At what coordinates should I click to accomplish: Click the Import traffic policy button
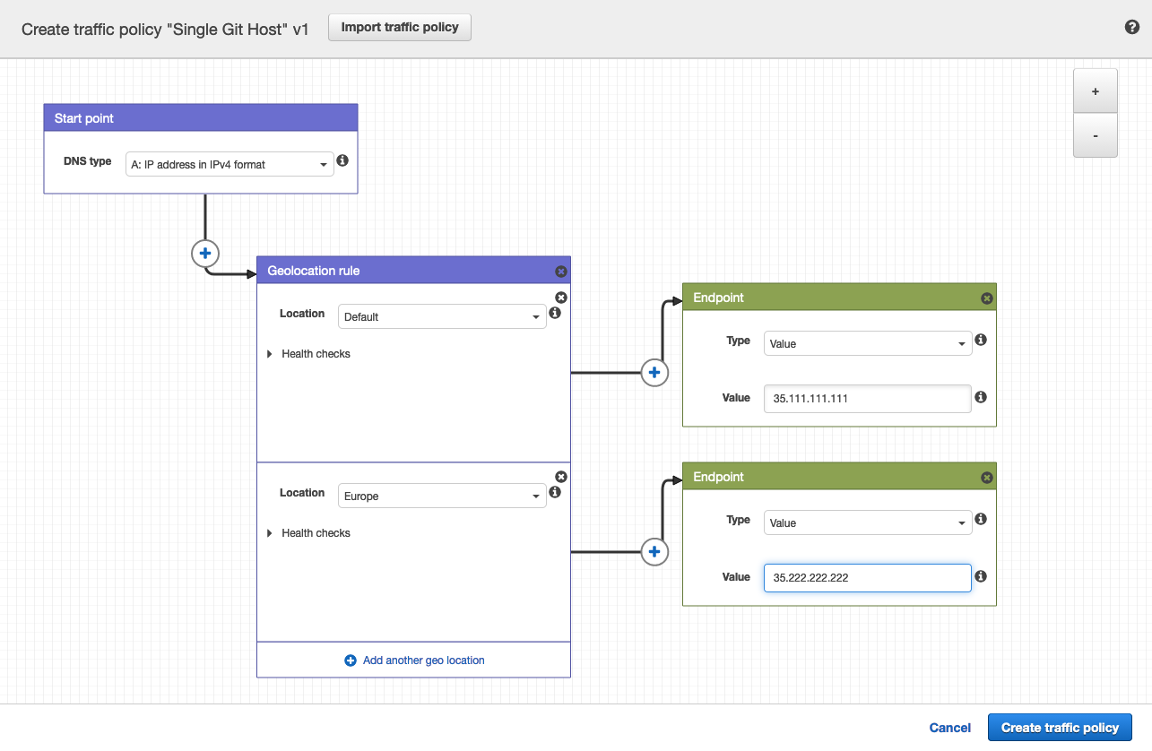coord(400,27)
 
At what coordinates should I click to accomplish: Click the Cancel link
coord(949,728)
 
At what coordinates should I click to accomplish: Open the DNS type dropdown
coord(230,165)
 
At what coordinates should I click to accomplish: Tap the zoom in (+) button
coord(1096,91)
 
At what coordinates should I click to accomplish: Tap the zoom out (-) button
coord(1096,135)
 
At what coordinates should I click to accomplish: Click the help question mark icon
coord(1132,27)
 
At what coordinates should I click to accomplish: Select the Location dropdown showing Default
coord(442,316)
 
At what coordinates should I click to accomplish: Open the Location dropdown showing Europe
coord(442,496)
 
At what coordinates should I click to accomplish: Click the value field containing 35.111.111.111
coord(868,399)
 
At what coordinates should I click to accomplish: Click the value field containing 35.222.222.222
coord(868,578)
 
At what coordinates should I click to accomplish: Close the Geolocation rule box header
coord(561,272)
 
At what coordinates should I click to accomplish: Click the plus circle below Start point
coord(205,254)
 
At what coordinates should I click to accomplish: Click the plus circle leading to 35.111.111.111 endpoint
coord(654,373)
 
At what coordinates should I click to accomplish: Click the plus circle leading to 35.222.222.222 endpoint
coord(654,552)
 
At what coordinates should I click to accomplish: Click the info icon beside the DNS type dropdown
coord(342,161)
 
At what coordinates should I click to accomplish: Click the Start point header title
coord(84,118)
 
